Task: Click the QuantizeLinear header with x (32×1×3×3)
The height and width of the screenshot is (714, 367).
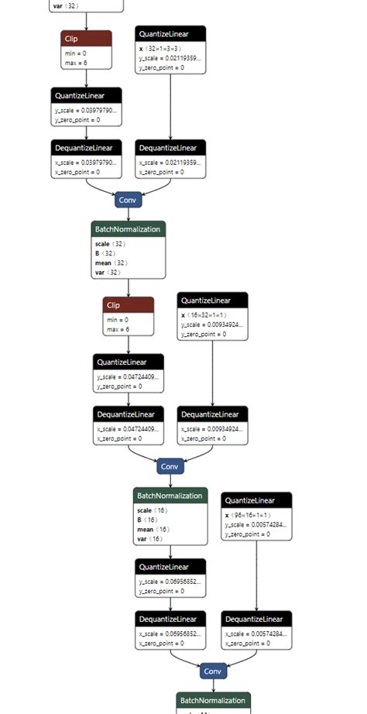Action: point(170,34)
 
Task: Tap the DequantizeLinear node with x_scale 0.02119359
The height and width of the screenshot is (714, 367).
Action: point(170,159)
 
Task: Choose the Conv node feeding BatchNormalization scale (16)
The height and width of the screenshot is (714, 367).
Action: point(170,466)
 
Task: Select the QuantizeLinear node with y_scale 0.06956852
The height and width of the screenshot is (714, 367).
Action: point(171,577)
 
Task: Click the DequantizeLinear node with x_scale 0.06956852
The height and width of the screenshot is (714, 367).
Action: point(171,630)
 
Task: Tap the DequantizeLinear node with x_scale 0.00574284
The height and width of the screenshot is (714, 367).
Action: point(256,630)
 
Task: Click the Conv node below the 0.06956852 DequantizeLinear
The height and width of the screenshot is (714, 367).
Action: point(213,671)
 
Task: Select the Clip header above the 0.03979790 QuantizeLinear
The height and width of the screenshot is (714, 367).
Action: point(86,38)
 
